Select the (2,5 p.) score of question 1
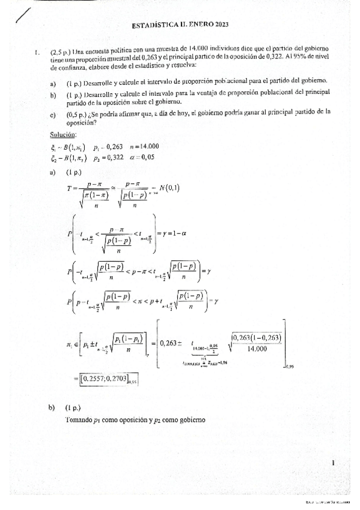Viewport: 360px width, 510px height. click(60, 53)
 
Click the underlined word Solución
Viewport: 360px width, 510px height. click(63, 133)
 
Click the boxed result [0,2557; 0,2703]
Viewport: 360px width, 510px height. click(105, 379)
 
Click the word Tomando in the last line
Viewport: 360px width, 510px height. click(79, 420)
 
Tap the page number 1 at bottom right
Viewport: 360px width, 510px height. click(332, 463)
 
